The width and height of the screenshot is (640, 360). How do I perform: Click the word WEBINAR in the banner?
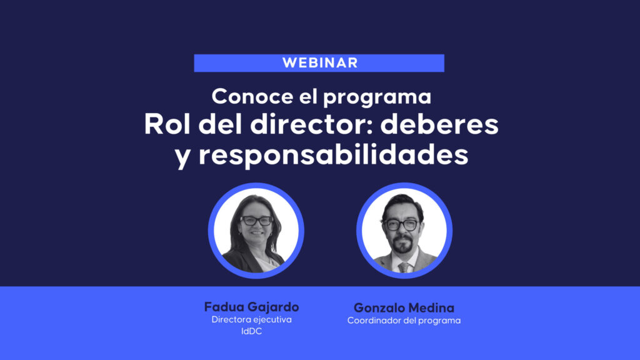(x=320, y=63)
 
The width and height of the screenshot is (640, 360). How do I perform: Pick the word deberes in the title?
(x=439, y=124)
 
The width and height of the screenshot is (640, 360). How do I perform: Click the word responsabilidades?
(x=334, y=156)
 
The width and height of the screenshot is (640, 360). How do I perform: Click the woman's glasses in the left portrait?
(x=256, y=221)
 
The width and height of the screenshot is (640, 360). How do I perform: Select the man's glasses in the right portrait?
(x=401, y=225)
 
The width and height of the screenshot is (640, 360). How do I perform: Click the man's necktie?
(x=403, y=267)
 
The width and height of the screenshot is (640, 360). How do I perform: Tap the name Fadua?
(x=223, y=307)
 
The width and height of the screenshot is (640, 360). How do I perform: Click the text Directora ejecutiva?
(x=251, y=319)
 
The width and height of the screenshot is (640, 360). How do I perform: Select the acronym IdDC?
(x=251, y=331)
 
